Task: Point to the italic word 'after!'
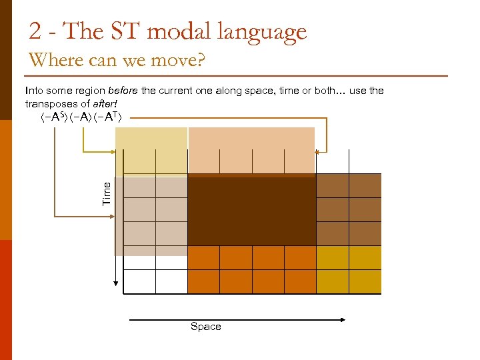tap(105, 104)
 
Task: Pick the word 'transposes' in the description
tap(49, 104)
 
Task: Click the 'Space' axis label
tap(205, 327)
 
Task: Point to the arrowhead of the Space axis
tap(343, 320)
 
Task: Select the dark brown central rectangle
tap(251, 210)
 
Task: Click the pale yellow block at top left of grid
tap(151, 151)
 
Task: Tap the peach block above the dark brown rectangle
tap(251, 151)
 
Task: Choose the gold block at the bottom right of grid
tap(348, 270)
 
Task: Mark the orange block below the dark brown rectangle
tap(251, 270)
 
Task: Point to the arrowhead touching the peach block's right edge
tap(318, 152)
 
